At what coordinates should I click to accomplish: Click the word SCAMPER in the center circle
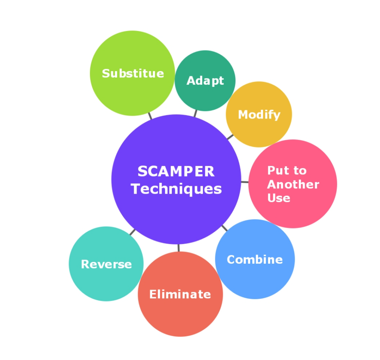pos(176,172)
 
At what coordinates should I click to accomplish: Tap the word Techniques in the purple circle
pos(176,189)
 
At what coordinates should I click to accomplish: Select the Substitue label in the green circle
pos(133,73)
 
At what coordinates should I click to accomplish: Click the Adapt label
pos(205,81)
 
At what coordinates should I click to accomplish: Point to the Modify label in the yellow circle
pos(259,114)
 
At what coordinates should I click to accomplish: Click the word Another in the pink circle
pos(293,184)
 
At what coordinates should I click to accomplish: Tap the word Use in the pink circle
pos(279,198)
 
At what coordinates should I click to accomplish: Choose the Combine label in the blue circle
pos(255,259)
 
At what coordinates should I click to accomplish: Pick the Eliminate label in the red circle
pos(180,294)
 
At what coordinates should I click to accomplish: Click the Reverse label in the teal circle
pos(106,264)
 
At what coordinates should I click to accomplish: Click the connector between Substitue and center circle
pos(150,116)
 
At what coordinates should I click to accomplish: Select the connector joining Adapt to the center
pos(195,113)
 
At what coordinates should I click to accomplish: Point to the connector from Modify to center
pos(230,137)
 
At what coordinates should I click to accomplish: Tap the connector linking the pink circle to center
pos(245,182)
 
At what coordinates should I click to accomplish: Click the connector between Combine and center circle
pos(225,228)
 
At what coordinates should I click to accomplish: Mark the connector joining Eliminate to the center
pos(178,248)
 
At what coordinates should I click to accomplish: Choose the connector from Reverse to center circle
pos(132,232)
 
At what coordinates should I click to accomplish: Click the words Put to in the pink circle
pos(287,171)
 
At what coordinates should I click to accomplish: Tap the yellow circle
pos(259,97)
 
